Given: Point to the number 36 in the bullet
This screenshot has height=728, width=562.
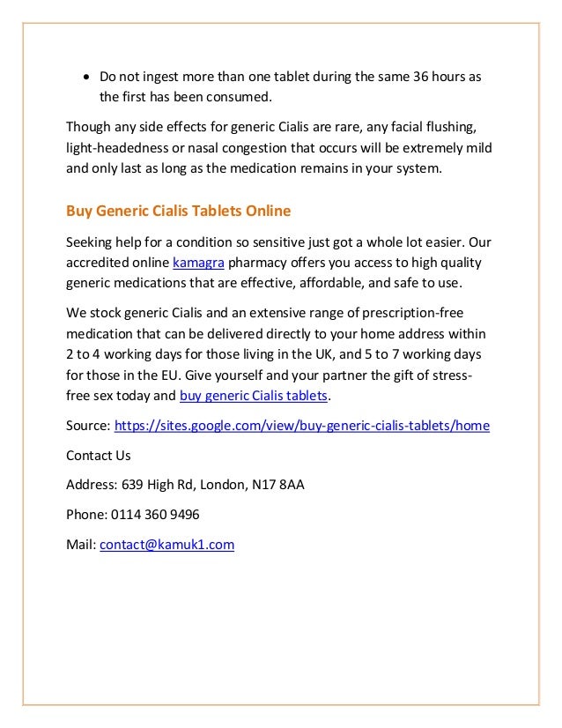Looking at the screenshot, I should [x=421, y=77].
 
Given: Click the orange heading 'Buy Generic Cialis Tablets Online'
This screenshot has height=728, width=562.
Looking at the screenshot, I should [x=178, y=212].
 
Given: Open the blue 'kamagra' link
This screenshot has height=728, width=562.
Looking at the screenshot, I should [x=198, y=263].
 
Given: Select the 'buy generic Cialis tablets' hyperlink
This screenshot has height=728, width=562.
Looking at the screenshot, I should [x=254, y=396].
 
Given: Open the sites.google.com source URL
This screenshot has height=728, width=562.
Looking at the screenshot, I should [x=302, y=426].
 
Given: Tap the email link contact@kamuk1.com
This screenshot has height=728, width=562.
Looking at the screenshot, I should [x=167, y=545].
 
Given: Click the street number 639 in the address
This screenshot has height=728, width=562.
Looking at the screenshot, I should [x=131, y=485].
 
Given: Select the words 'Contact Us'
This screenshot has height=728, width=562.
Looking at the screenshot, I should [x=99, y=456].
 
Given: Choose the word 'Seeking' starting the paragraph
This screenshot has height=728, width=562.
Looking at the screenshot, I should [x=90, y=242].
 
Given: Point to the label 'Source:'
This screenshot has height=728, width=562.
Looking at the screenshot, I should [x=88, y=426].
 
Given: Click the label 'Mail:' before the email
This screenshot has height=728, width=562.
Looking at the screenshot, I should [x=81, y=545].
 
